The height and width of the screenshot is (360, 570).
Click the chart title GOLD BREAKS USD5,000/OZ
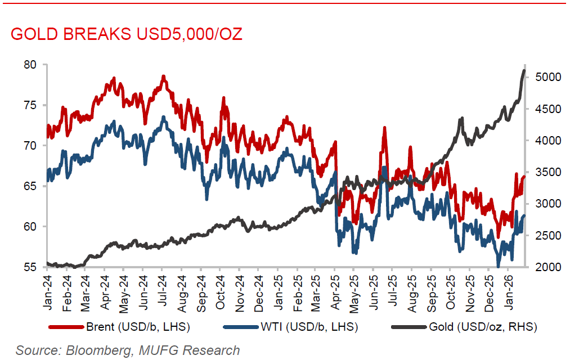coord(126,34)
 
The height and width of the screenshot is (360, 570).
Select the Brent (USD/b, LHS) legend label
coord(138,327)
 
